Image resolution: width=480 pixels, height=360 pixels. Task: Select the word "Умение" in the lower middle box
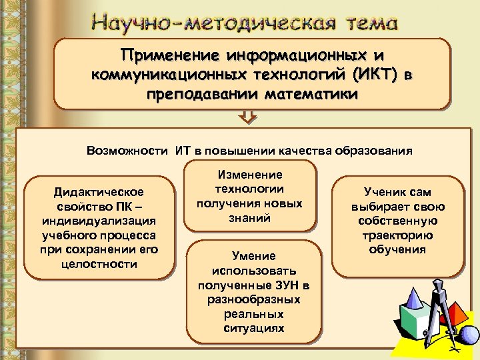click(253, 255)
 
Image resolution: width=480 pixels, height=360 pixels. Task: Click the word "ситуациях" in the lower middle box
click(253, 328)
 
